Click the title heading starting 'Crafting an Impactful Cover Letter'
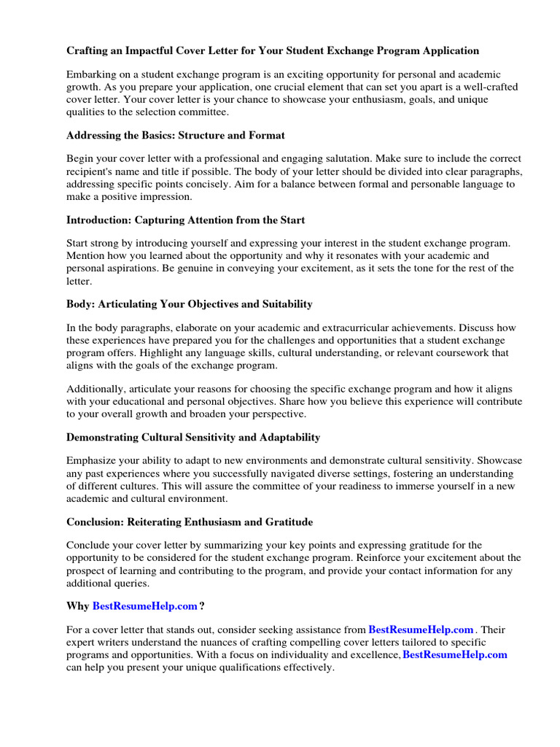[x=273, y=50]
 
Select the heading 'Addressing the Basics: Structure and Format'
[x=175, y=135]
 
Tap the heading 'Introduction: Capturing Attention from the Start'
[x=185, y=220]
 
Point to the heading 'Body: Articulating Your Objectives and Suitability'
[x=189, y=303]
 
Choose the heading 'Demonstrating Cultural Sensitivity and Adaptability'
[x=193, y=438]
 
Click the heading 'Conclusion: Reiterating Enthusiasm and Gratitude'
[x=190, y=522]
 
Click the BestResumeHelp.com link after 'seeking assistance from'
[x=421, y=630]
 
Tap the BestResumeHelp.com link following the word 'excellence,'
[x=454, y=655]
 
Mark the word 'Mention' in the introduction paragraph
[x=87, y=256]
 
